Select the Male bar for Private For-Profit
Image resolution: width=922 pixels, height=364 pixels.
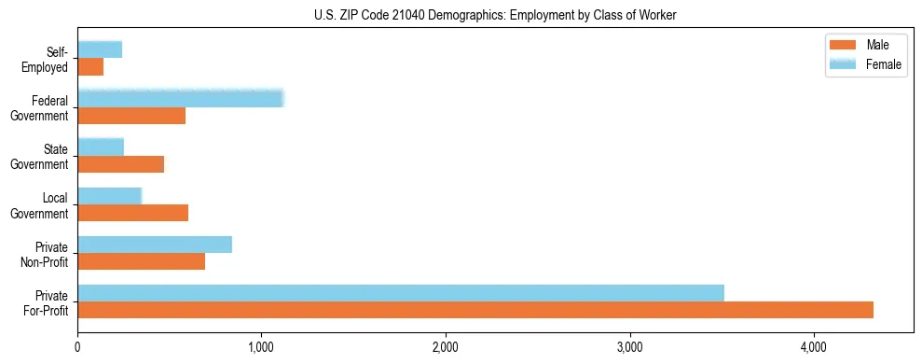coord(475,310)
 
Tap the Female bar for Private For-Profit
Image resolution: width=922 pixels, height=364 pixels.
coord(401,293)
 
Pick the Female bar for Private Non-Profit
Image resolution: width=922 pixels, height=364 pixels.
coord(155,245)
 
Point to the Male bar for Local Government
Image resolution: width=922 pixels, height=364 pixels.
coord(132,213)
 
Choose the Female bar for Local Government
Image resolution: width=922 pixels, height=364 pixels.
coord(109,196)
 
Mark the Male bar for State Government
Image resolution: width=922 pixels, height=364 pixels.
coord(120,164)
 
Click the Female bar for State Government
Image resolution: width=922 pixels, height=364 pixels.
coord(101,147)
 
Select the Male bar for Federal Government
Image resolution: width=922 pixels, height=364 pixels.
coord(131,116)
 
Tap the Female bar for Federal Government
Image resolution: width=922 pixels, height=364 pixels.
coord(180,99)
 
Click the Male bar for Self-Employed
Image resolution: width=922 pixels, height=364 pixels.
coord(90,67)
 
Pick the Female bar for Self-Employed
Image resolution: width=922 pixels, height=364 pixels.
coord(100,50)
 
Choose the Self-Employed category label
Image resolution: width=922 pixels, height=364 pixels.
coord(48,60)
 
